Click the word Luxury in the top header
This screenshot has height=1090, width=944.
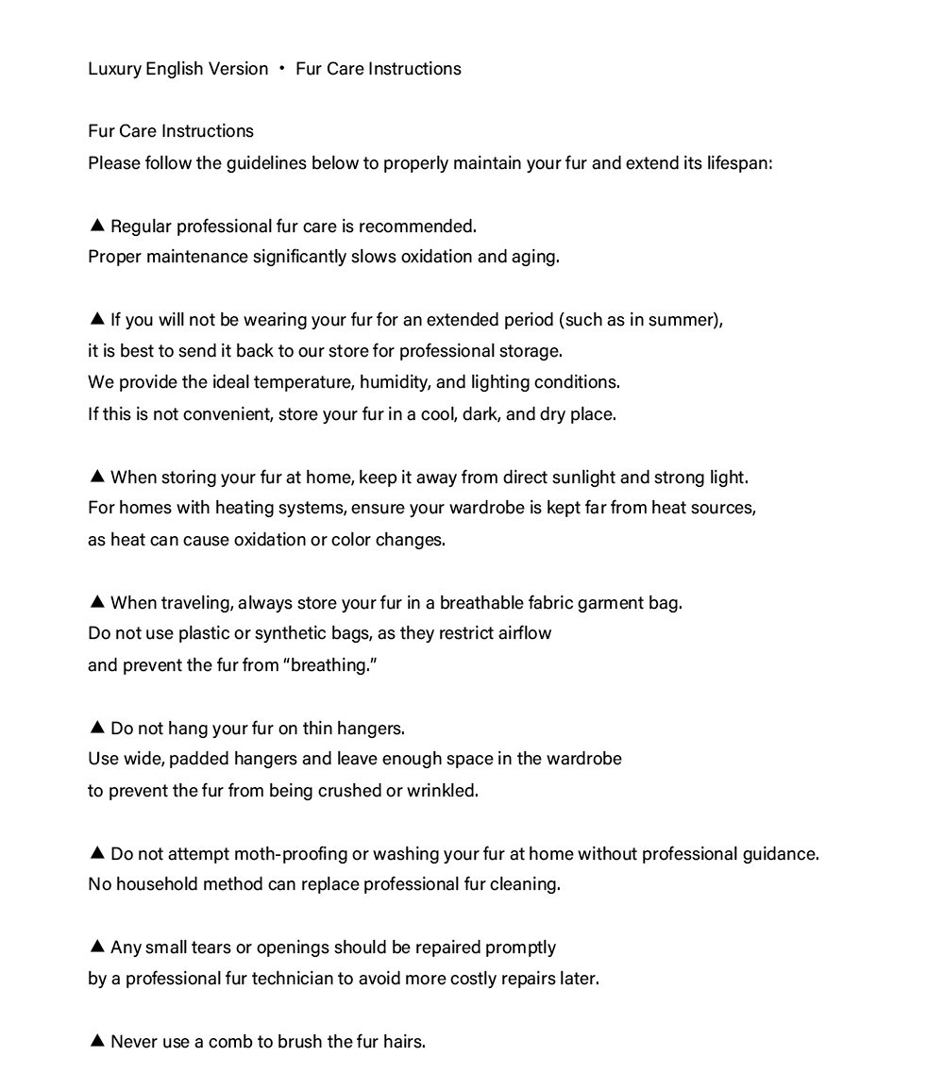pos(113,69)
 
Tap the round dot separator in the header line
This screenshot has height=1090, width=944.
pos(281,69)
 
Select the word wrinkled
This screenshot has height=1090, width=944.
pos(442,791)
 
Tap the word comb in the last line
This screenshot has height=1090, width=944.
pos(229,1042)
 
